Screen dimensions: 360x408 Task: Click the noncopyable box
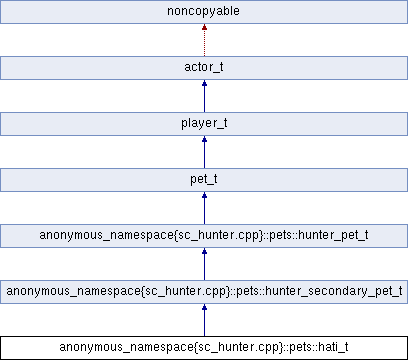(x=204, y=12)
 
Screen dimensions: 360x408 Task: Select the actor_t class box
(x=204, y=68)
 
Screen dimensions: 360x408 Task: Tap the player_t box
(x=204, y=124)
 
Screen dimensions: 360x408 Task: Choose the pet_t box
(x=204, y=180)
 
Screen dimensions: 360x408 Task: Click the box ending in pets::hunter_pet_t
(x=204, y=236)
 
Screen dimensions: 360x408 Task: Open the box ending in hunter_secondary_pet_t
(x=204, y=292)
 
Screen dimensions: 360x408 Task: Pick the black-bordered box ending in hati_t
(x=204, y=347)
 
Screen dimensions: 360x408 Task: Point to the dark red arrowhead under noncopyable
(x=204, y=30)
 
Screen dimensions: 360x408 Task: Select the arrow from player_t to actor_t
(x=204, y=97)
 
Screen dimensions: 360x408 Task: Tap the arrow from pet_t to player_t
(x=204, y=153)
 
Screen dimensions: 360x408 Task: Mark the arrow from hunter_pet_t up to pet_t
(x=204, y=209)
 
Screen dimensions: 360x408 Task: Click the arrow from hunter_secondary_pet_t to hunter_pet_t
(x=204, y=265)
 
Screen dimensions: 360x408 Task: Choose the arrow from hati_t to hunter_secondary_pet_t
(x=204, y=321)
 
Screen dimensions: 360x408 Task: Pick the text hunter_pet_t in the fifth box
(x=331, y=236)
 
